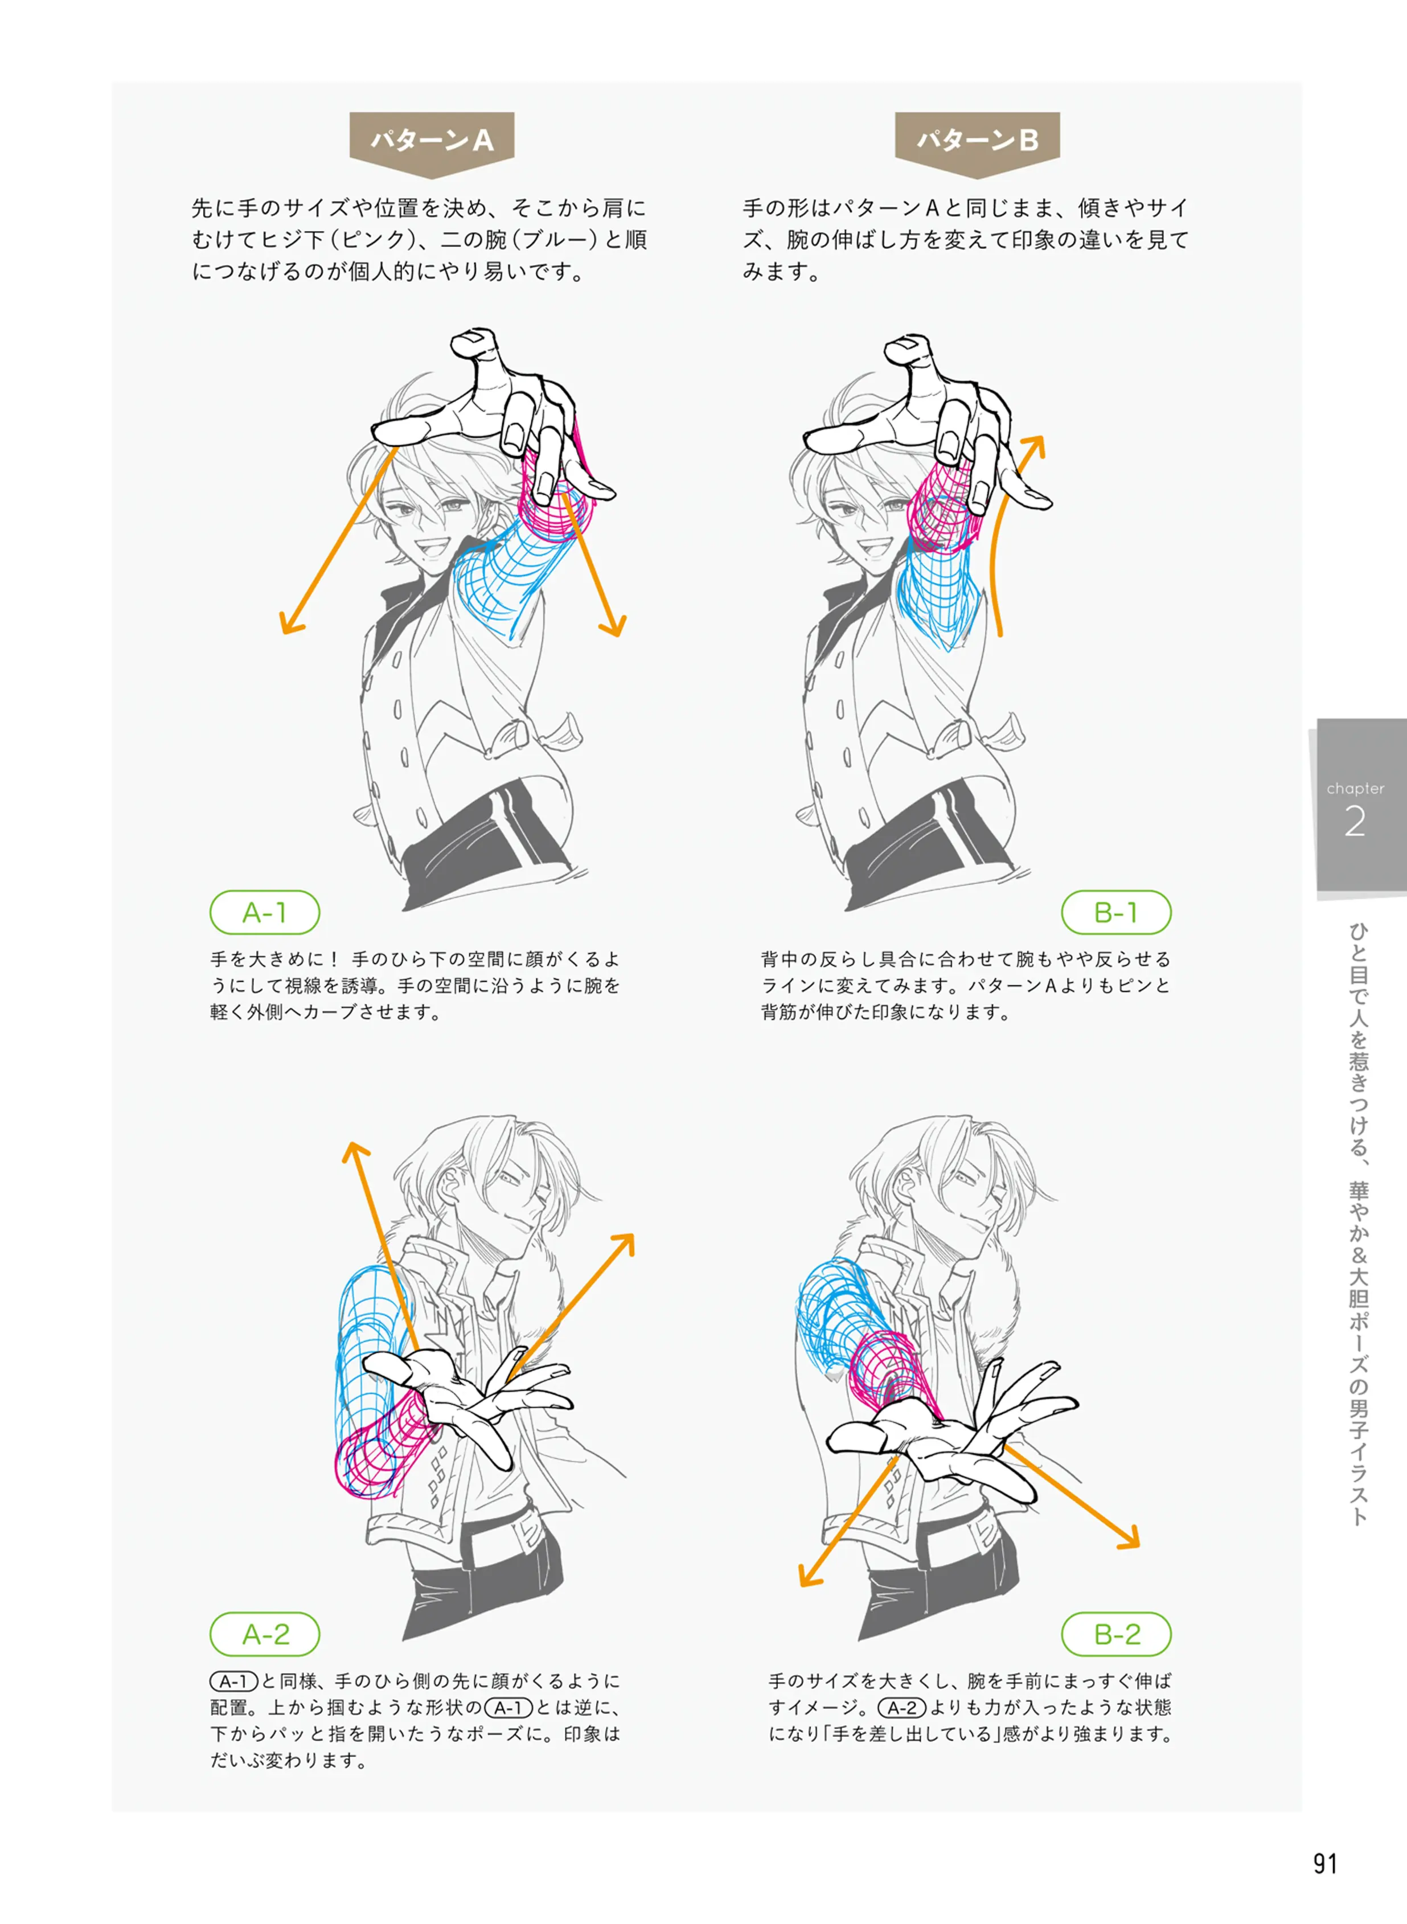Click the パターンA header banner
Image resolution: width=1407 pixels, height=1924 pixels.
432,143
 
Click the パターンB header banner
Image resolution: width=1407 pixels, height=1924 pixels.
977,143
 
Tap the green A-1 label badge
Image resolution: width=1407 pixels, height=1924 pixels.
265,912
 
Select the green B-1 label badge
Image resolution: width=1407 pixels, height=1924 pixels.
1115,912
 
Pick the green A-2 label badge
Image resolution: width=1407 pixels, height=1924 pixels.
265,1634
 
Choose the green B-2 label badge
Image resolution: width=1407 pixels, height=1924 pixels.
1115,1634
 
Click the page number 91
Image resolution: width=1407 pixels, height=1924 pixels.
1324,1864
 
